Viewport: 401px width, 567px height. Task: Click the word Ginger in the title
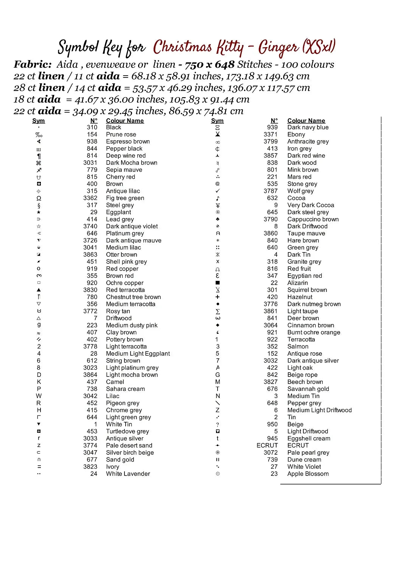[x=278, y=48]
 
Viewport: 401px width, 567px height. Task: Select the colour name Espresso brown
[x=128, y=141]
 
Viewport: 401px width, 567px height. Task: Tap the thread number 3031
[x=90, y=163]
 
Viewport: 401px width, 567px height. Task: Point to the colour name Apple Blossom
[x=308, y=474]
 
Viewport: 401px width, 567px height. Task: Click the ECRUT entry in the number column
[x=267, y=445]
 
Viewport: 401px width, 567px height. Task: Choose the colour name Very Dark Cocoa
[x=311, y=205]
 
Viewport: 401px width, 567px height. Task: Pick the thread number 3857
[x=270, y=155]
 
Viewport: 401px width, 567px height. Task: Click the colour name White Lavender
[x=128, y=474]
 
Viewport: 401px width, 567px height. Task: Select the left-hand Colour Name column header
[x=125, y=121]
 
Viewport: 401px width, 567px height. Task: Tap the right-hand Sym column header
[x=217, y=121]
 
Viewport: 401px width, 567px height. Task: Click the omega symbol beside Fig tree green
[x=39, y=198]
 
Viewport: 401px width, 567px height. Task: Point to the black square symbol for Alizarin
[x=218, y=283]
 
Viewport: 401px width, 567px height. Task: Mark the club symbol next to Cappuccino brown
[x=218, y=219]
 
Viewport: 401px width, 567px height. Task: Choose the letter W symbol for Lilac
[x=39, y=396]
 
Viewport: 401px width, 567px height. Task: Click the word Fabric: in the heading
[x=33, y=64]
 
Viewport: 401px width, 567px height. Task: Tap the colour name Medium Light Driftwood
[x=319, y=410]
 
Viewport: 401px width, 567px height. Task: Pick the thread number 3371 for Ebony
[x=270, y=134]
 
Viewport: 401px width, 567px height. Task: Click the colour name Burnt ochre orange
[x=314, y=332]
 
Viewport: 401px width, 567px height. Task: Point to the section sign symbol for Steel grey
[x=39, y=205]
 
